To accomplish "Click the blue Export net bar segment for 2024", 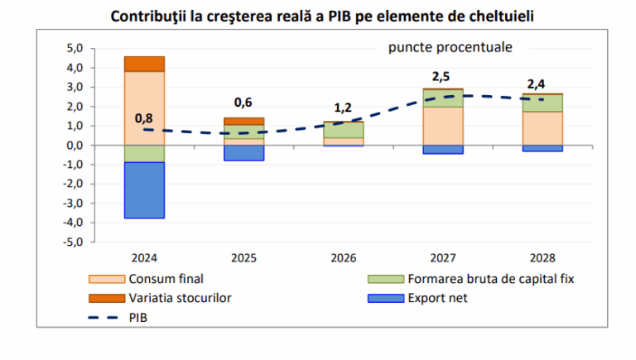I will [x=144, y=190].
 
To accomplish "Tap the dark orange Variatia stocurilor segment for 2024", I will [x=144, y=64].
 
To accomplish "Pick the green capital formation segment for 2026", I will [x=343, y=130].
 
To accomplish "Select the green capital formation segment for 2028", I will [x=542, y=103].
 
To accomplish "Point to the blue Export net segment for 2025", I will [x=243, y=152].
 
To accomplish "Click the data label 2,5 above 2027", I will [x=441, y=77].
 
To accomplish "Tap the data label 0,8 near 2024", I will [x=143, y=118].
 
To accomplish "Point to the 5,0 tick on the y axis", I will [x=75, y=48].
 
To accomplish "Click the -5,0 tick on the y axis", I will [x=74, y=242].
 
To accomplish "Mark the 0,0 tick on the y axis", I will [x=75, y=146].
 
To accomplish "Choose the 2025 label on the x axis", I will [x=243, y=257].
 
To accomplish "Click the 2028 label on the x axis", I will [x=542, y=257].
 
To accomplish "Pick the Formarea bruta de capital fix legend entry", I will [x=488, y=279].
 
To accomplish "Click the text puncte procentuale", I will [x=450, y=47].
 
